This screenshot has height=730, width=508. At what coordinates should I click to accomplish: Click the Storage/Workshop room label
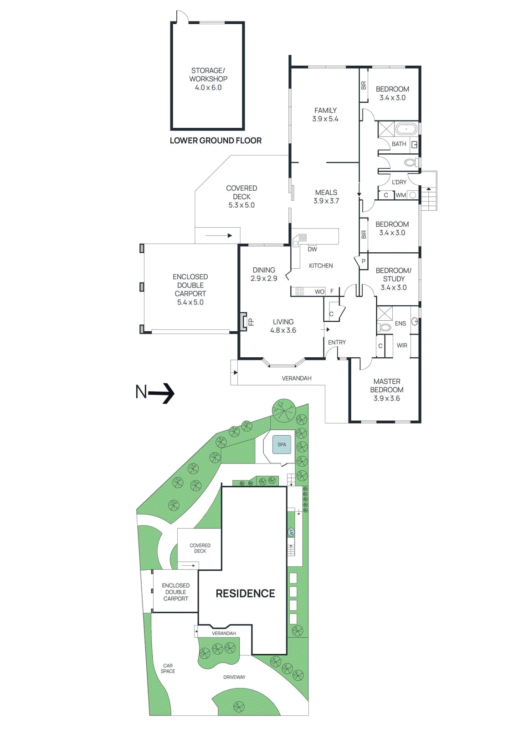[208, 79]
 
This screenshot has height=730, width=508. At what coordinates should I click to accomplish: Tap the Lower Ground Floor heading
[216, 141]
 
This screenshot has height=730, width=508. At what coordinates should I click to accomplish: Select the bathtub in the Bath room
[406, 129]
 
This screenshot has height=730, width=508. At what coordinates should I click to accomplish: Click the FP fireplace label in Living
[251, 322]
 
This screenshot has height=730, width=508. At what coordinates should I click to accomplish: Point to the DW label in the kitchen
[312, 249]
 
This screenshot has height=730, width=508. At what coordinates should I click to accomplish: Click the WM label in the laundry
[400, 195]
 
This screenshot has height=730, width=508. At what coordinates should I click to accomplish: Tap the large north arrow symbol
[155, 392]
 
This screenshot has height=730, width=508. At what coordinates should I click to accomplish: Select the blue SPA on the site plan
[282, 444]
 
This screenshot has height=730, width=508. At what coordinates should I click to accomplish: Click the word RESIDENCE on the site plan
[245, 594]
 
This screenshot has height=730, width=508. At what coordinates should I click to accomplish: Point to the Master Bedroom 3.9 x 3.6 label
[387, 390]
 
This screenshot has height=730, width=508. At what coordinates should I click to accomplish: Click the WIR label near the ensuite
[402, 345]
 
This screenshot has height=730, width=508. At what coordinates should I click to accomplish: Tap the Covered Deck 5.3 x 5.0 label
[241, 197]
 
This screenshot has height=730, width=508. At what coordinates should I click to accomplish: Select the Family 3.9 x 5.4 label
[325, 115]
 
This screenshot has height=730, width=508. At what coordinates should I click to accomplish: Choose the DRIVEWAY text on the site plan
[234, 677]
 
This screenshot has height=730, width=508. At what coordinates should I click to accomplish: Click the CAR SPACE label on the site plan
[168, 668]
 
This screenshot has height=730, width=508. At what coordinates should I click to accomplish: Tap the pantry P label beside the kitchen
[364, 261]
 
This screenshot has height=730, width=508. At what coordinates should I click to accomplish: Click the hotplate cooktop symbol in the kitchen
[299, 292]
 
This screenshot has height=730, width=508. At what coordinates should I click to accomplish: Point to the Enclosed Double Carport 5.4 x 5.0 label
[190, 289]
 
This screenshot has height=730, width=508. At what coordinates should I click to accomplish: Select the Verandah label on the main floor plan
[297, 378]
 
